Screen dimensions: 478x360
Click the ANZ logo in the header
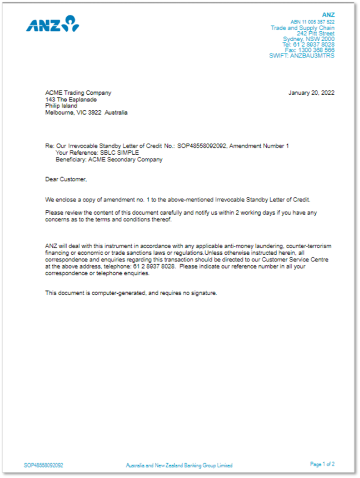[x=53, y=24]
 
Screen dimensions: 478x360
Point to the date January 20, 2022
[x=311, y=93]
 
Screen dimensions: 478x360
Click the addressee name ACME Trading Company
[x=78, y=93]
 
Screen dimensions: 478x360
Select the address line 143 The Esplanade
[x=71, y=100]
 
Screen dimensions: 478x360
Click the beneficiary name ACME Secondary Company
[x=125, y=159]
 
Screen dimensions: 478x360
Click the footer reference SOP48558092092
[x=43, y=465]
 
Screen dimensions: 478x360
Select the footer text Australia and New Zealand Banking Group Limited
[x=179, y=465]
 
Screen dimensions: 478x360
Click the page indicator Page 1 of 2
[x=322, y=464]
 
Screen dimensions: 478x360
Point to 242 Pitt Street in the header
[x=315, y=33]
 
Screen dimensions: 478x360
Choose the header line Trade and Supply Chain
[x=302, y=28]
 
